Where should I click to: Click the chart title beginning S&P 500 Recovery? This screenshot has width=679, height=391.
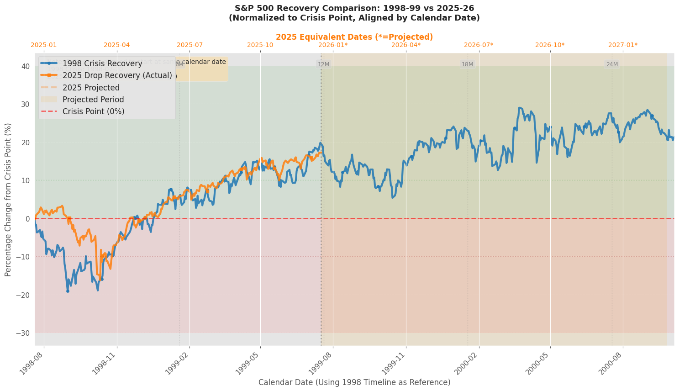point(354,13)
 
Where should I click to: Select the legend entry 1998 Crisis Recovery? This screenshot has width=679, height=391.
point(102,63)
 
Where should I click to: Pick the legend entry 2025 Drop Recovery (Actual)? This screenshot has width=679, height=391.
point(117,75)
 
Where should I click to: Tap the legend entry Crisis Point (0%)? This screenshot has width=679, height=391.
point(93,111)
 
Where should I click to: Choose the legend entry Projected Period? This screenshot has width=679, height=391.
point(93,100)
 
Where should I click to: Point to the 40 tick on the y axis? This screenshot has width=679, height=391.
point(26,66)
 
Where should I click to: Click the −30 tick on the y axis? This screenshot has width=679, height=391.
point(23,333)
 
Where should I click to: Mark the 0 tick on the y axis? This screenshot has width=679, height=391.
point(27,219)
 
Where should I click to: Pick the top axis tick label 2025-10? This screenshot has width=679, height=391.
point(260,45)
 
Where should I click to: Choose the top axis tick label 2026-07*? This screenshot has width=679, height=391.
point(479,45)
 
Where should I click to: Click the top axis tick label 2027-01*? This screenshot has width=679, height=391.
point(623,45)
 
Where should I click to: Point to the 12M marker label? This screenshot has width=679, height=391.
point(323,64)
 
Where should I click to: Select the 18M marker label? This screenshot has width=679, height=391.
point(467,64)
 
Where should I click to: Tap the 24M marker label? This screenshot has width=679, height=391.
point(612,64)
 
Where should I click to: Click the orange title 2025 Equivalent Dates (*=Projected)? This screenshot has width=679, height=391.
point(354,37)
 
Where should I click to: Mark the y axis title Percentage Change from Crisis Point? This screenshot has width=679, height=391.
point(8,200)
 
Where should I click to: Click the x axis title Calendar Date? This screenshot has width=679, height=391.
point(354,382)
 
